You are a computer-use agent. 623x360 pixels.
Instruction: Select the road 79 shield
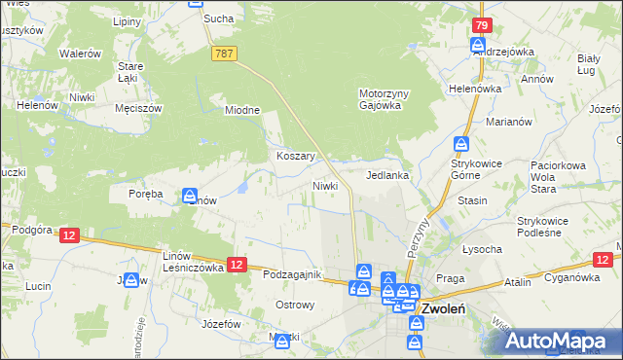click(479, 24)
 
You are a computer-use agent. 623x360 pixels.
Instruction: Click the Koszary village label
click(293, 156)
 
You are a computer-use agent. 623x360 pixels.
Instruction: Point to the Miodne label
click(242, 110)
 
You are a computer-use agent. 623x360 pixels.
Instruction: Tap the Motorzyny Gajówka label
click(381, 99)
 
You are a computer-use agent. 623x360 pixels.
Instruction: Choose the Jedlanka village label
click(386, 176)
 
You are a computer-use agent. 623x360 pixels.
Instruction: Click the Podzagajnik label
click(292, 274)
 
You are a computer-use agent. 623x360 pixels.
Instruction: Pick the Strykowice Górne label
click(475, 169)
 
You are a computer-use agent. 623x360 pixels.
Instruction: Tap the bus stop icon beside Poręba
click(190, 196)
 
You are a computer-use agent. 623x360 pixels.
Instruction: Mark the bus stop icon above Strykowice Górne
click(460, 144)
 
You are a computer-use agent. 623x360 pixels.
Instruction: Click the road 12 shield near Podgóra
click(68, 235)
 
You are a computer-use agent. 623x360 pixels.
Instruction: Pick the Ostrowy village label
click(295, 305)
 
